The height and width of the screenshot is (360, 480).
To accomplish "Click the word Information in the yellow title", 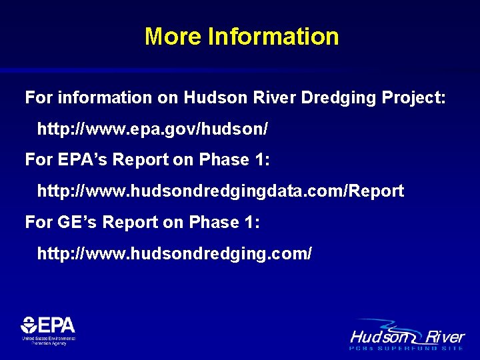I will [273, 36].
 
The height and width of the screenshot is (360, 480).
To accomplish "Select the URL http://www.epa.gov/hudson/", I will [153, 129].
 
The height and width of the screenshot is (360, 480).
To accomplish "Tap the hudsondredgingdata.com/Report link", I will [221, 191].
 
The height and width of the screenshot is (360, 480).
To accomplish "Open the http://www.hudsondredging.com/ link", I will [174, 254].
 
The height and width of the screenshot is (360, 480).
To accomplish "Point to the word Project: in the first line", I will [414, 97].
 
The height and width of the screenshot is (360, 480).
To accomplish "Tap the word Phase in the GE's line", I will [213, 223].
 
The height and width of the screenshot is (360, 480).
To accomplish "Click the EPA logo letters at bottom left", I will [57, 325].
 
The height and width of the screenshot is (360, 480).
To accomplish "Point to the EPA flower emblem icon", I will [29, 326].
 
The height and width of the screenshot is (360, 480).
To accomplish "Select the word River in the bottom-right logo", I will [447, 336].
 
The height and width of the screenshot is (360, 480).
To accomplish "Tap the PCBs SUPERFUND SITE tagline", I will [407, 348].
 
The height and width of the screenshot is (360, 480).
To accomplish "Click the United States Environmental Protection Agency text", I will [49, 341].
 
